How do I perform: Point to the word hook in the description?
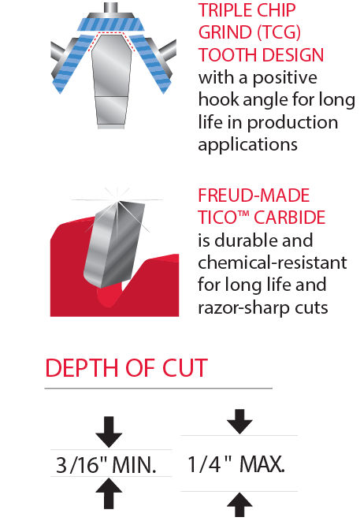click(218, 99)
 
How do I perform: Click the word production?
click(292, 123)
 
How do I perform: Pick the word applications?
click(248, 145)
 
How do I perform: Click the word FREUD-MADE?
click(254, 195)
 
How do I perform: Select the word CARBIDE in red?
click(290, 218)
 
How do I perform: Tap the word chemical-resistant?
click(273, 262)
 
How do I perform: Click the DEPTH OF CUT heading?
click(126, 368)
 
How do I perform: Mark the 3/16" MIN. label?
click(106, 464)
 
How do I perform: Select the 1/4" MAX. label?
click(236, 463)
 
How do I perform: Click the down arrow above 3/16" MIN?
click(109, 432)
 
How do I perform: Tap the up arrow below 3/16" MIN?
click(109, 493)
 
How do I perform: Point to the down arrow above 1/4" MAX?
click(239, 422)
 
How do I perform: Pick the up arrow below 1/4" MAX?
click(239, 504)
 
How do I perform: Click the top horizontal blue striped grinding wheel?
click(110, 24)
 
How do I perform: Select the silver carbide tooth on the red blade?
click(114, 244)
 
